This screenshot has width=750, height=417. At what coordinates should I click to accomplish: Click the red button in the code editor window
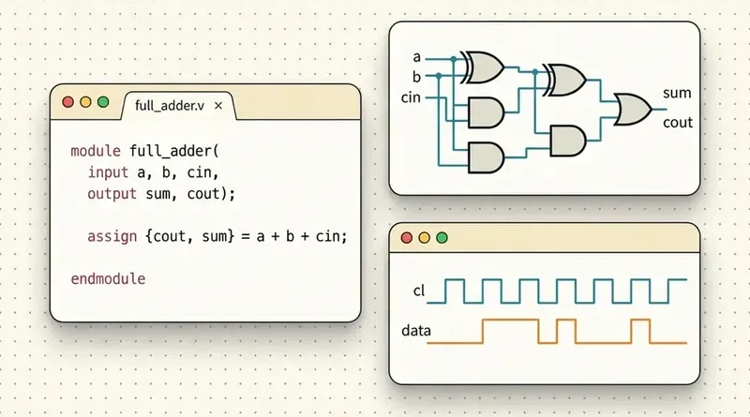(67, 102)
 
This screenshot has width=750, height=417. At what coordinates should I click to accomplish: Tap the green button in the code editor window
(103, 102)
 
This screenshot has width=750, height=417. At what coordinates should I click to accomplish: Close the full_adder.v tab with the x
(218, 106)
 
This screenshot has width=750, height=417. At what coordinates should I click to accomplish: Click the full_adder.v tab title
(170, 106)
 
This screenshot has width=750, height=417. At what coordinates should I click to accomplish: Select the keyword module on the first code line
(96, 151)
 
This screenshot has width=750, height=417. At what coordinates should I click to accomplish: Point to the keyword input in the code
(108, 172)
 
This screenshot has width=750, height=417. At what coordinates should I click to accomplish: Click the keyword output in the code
(112, 194)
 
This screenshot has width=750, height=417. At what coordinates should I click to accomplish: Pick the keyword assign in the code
(112, 236)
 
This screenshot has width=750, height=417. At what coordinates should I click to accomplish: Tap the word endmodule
(108, 279)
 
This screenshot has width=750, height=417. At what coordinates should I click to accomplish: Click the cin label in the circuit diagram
(411, 97)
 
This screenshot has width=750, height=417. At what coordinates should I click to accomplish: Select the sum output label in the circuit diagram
(677, 93)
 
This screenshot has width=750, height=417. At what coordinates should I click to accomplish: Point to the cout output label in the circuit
(677, 123)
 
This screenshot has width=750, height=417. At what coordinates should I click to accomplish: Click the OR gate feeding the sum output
(631, 110)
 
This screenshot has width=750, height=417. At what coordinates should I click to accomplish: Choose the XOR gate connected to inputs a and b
(483, 67)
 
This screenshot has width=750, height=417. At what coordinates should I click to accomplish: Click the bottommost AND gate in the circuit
(486, 157)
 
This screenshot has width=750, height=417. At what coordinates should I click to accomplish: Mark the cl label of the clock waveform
(418, 290)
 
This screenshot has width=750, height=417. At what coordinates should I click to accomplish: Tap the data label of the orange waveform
(415, 331)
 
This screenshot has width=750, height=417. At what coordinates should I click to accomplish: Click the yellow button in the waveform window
(424, 238)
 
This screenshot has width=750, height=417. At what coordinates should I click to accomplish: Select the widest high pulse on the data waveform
(511, 331)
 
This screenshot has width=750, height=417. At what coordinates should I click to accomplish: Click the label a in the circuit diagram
(416, 57)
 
